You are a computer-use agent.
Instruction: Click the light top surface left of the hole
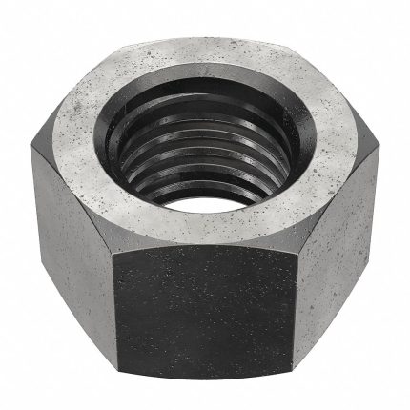(76, 157)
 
